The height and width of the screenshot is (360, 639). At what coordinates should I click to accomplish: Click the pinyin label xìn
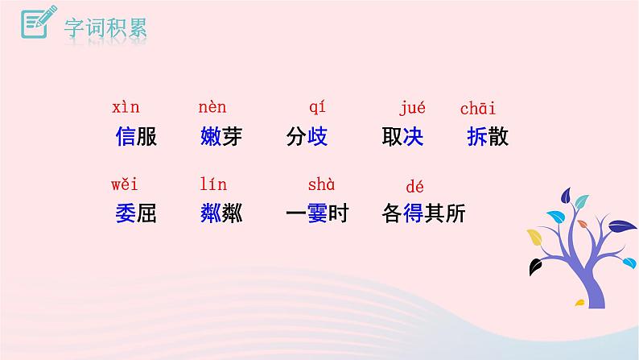click(x=126, y=108)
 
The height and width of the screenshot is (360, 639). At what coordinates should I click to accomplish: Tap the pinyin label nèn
click(x=212, y=108)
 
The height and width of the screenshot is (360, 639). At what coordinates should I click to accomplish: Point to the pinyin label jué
click(x=412, y=108)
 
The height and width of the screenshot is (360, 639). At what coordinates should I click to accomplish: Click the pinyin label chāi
click(x=478, y=108)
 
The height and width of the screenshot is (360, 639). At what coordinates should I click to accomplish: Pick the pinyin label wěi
click(x=126, y=185)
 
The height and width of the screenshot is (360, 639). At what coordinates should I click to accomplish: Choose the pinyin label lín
click(x=212, y=185)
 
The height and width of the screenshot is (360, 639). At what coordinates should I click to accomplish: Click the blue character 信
click(x=126, y=137)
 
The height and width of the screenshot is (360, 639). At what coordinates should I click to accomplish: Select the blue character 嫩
click(x=210, y=137)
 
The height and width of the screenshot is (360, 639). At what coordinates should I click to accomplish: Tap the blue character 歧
click(x=317, y=137)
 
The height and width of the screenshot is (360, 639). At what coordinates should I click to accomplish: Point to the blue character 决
click(x=413, y=137)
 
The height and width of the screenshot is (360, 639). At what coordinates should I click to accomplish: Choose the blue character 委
click(x=126, y=213)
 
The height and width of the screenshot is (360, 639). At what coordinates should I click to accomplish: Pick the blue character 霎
click(x=317, y=213)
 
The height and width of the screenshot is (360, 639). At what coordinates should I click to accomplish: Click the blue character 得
click(x=413, y=213)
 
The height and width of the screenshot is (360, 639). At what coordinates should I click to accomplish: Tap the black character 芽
click(x=232, y=137)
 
